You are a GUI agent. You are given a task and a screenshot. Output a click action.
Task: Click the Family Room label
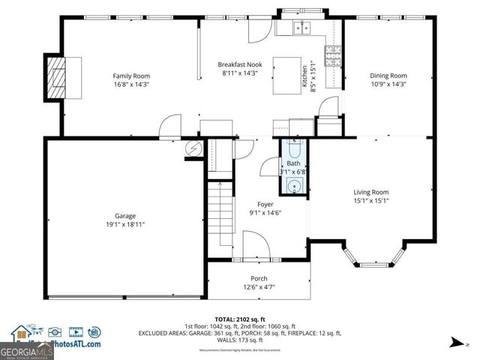click(131, 76)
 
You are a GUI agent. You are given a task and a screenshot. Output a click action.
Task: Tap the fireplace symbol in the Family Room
click(56, 76)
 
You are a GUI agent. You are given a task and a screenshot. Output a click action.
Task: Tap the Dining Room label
click(388, 76)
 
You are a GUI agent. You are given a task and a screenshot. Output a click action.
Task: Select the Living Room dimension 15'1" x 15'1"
click(370, 200)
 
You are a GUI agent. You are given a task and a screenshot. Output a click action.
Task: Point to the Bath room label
click(293, 163)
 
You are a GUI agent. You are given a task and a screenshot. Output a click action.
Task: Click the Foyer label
click(265, 204)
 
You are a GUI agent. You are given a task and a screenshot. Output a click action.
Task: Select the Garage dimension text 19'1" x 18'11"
click(124, 224)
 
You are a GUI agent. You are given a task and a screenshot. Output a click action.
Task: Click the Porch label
click(259, 279)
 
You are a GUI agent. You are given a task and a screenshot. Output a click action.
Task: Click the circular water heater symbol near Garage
click(193, 148)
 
